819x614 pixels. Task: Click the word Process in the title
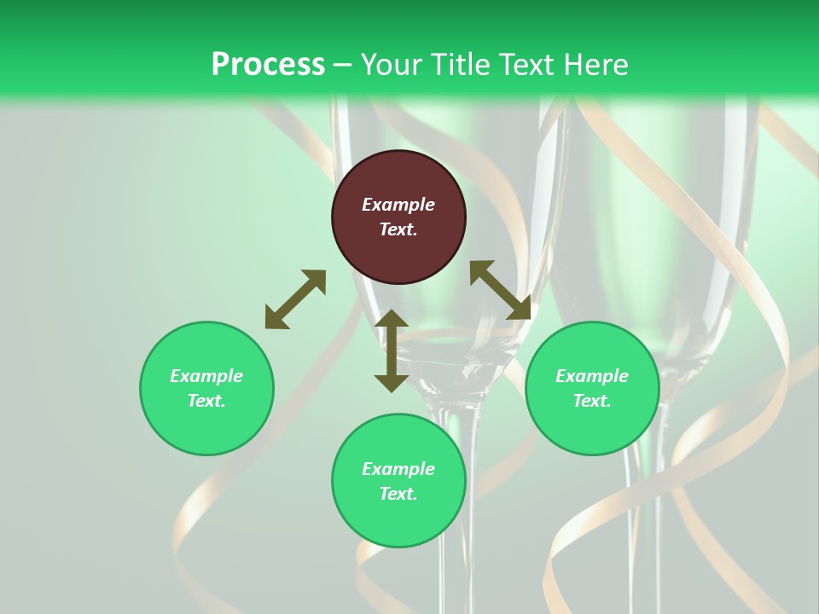click(268, 65)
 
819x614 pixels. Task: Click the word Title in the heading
click(459, 65)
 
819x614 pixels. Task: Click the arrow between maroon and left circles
click(295, 299)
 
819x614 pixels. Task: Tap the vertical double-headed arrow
click(392, 350)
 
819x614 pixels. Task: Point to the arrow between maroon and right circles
click(500, 290)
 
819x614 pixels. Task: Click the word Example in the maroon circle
click(398, 205)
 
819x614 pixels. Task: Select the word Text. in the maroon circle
click(398, 229)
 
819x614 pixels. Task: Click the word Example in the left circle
click(206, 376)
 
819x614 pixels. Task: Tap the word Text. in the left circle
click(206, 401)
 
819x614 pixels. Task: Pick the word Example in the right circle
click(592, 376)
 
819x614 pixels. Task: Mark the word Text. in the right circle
click(592, 401)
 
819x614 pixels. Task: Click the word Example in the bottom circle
click(398, 469)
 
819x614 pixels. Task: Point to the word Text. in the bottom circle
click(398, 494)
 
